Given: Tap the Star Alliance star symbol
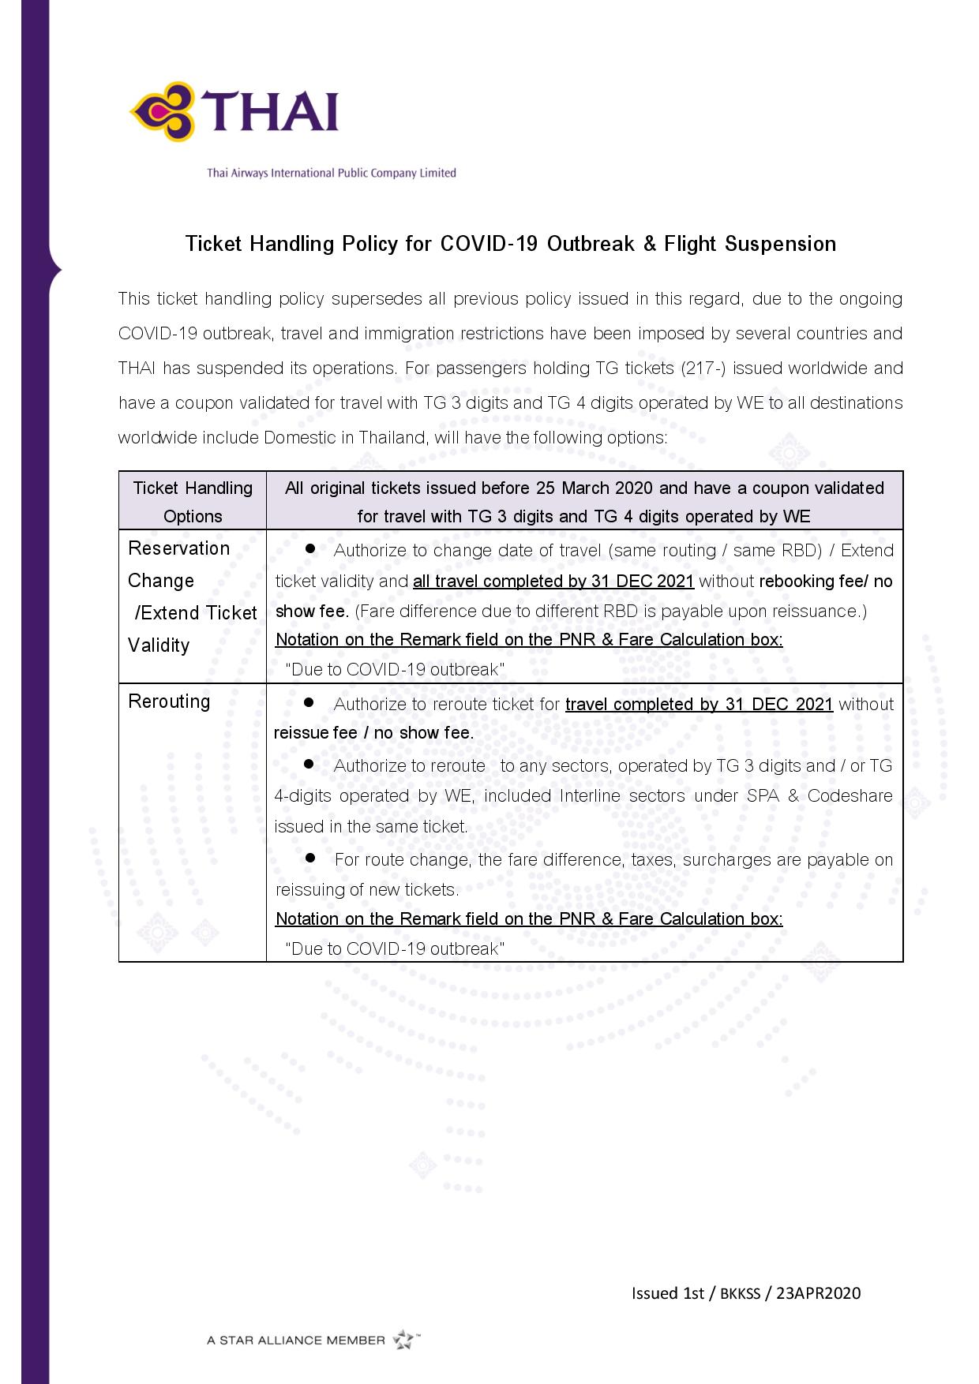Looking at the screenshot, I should (x=404, y=1339).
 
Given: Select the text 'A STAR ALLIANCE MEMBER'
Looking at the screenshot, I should (x=296, y=1340).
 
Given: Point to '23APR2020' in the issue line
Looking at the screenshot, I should (x=819, y=1293).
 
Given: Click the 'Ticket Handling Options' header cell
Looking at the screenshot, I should (x=193, y=501).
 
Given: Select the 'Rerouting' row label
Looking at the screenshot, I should (x=169, y=701).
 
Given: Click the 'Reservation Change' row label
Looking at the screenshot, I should (x=178, y=564).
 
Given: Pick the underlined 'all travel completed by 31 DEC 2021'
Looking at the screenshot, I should (x=553, y=582).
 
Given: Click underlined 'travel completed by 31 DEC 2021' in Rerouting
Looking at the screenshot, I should (x=699, y=704).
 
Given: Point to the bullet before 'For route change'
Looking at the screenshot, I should (x=309, y=857).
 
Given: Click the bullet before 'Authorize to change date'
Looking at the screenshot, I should (x=309, y=548).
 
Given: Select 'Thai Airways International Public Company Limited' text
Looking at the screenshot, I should (x=332, y=173).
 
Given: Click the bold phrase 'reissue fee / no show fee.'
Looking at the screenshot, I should (x=374, y=733).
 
